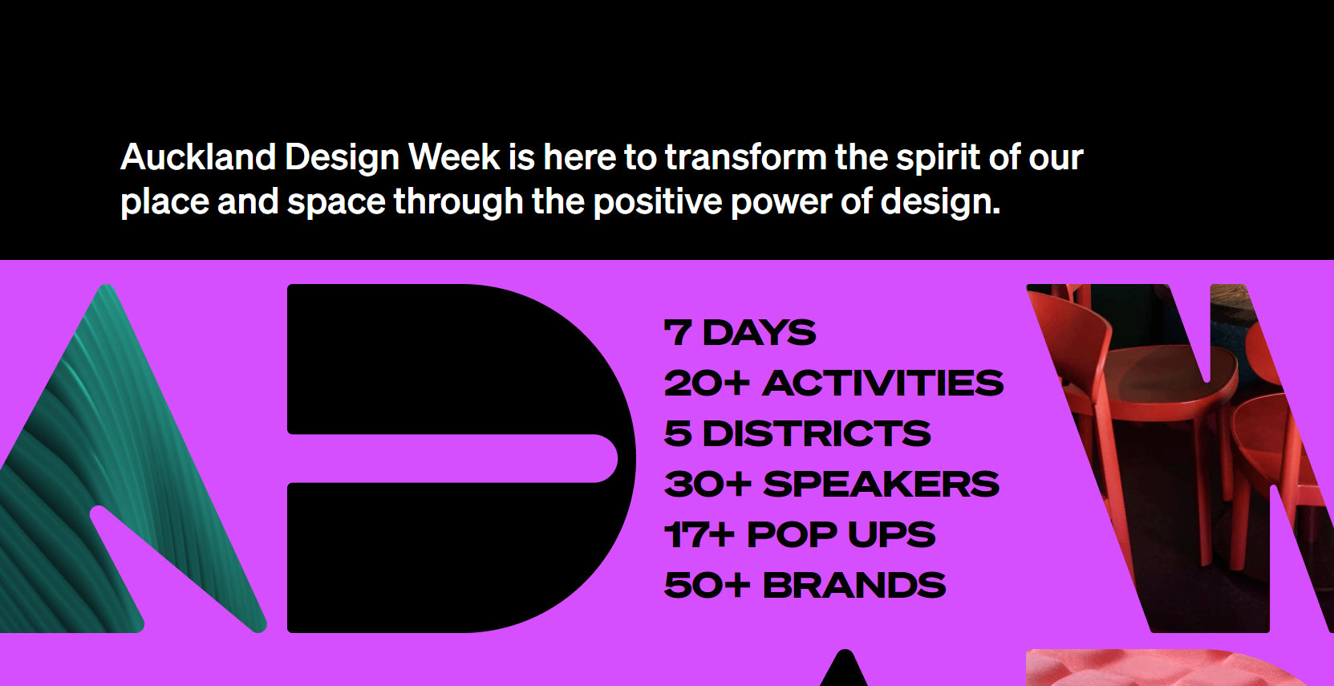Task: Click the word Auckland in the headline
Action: click(198, 157)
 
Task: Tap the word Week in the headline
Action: click(454, 157)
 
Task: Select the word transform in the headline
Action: click(745, 157)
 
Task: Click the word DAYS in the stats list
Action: click(759, 333)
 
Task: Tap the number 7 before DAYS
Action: click(678, 333)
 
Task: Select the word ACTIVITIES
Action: click(882, 384)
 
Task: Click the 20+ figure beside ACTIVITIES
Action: click(707, 384)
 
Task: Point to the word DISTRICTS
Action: click(817, 434)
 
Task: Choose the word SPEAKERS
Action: click(881, 485)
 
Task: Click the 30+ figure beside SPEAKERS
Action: click(708, 485)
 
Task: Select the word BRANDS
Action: click(854, 586)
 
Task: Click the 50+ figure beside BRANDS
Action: click(707, 586)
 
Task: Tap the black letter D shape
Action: click(449, 361)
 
